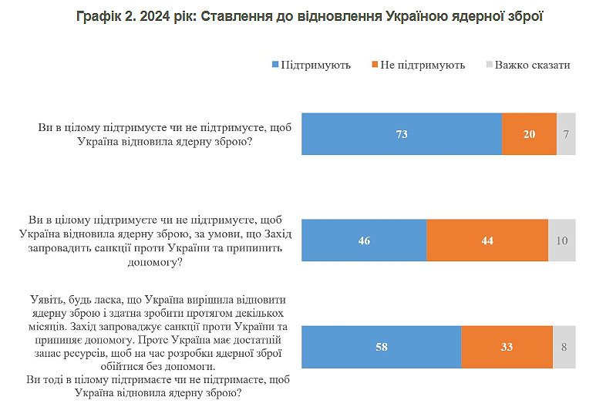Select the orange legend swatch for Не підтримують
pyautogui.click(x=375, y=65)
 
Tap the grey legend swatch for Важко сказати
pyautogui.click(x=488, y=65)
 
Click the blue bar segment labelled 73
pyautogui.click(x=401, y=134)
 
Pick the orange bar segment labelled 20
pyautogui.click(x=529, y=134)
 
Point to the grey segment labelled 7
pyautogui.click(x=566, y=134)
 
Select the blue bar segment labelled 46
pyautogui.click(x=364, y=240)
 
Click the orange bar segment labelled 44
pyautogui.click(x=487, y=240)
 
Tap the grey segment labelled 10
pyautogui.click(x=561, y=240)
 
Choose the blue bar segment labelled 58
pyautogui.click(x=381, y=347)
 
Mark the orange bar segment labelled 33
pyautogui.click(x=507, y=347)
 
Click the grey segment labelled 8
pyautogui.click(x=564, y=347)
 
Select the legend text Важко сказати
pyautogui.click(x=533, y=65)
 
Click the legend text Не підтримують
pyautogui.click(x=423, y=65)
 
